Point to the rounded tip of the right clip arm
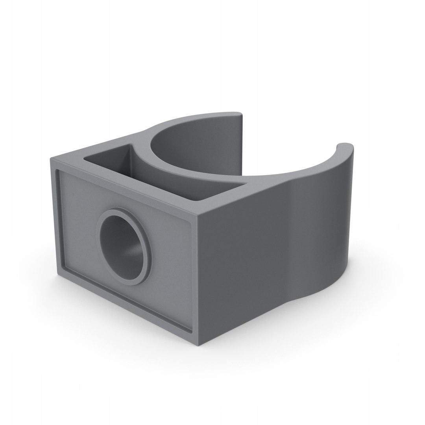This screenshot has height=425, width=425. coord(344,146)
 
